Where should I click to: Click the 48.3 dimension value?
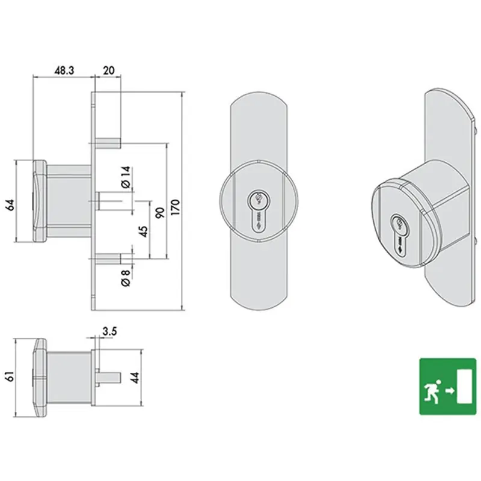[x=64, y=70]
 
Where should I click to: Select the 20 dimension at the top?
[x=109, y=70]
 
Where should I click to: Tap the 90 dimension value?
[x=160, y=212]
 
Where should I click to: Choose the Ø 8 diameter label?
[x=126, y=278]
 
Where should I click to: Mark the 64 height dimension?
[x=10, y=204]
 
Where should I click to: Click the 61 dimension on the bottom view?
[x=10, y=376]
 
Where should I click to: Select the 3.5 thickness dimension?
[x=109, y=331]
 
